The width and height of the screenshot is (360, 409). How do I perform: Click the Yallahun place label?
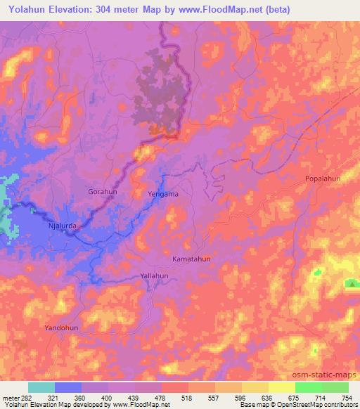tap(155, 276)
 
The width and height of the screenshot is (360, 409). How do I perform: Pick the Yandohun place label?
tap(62, 328)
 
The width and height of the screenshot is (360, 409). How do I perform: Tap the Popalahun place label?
tap(323, 178)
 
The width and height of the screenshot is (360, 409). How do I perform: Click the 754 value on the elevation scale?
tap(347, 397)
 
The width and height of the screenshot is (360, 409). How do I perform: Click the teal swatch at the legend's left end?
tap(41, 387)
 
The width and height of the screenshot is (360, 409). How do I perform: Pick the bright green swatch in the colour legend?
tap(309, 387)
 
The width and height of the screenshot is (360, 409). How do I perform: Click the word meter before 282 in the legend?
tap(10, 397)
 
